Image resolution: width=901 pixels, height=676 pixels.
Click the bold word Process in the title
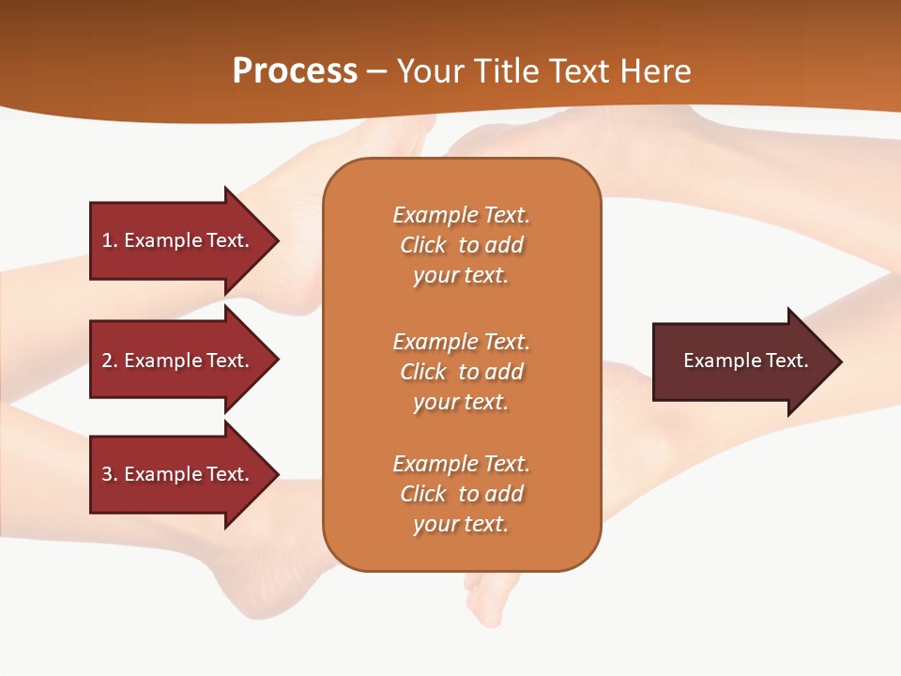pos(295,71)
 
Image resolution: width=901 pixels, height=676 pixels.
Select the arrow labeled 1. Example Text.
pos(178,240)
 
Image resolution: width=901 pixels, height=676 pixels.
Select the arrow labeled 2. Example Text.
pos(178,361)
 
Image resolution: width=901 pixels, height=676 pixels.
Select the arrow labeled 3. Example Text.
pos(178,474)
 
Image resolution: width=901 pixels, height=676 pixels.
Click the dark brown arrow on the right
pos(741,361)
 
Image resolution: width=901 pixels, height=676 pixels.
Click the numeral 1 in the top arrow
pos(107,240)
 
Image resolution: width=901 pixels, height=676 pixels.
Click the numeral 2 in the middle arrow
pos(107,361)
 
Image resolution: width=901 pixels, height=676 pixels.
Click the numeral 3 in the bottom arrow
pos(107,474)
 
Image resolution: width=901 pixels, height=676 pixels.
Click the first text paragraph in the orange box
pos(461,245)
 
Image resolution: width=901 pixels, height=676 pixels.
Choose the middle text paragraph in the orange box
pos(461,372)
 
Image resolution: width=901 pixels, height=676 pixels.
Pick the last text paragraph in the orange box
pos(461,494)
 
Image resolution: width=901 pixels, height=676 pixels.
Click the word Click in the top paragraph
pos(422,245)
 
